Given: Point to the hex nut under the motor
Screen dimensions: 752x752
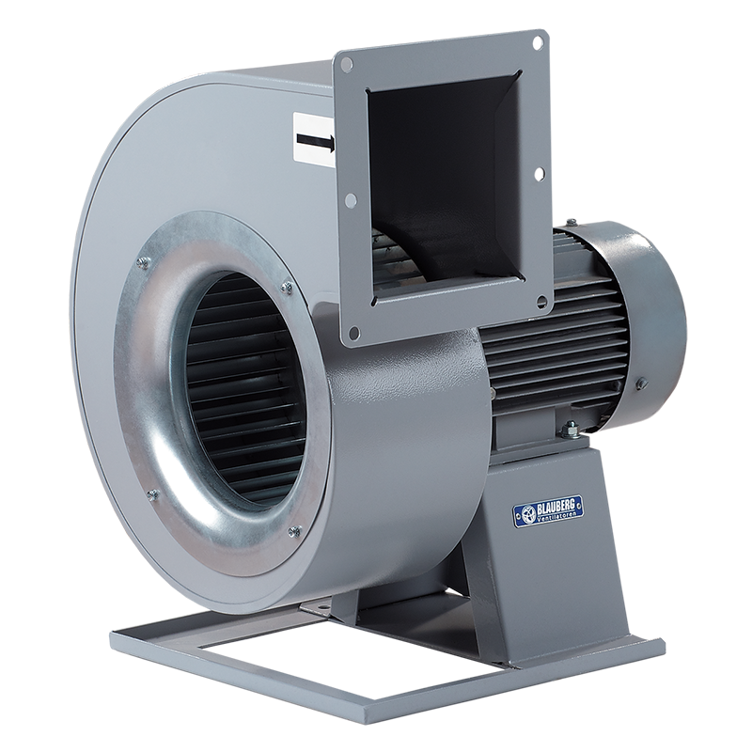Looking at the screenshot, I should click(x=570, y=431).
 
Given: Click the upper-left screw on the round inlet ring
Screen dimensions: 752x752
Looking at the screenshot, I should click(x=143, y=264).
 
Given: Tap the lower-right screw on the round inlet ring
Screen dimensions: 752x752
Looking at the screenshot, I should click(x=294, y=531).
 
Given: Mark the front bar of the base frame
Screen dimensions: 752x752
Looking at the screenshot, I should click(x=376, y=686).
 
